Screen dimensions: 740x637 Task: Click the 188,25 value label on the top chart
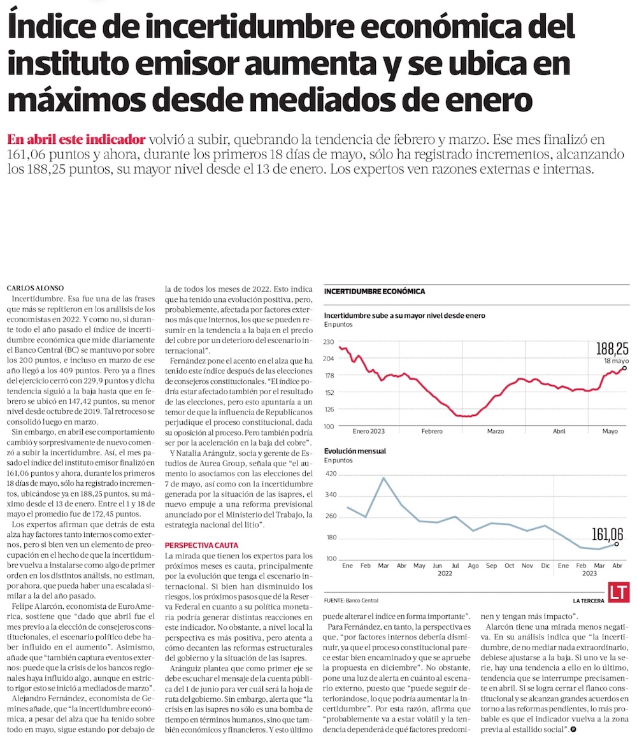(x=612, y=348)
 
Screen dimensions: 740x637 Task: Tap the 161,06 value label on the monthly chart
(x=606, y=534)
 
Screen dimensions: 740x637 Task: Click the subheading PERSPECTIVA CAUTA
(x=201, y=546)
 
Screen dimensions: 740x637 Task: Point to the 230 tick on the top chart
(x=329, y=343)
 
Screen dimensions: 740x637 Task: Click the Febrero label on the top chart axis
(x=432, y=432)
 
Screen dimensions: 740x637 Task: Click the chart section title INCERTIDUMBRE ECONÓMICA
(x=375, y=292)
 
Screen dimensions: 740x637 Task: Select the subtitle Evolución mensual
(x=355, y=452)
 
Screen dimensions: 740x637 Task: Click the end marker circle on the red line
(x=624, y=368)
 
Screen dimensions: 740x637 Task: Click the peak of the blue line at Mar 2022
(x=383, y=478)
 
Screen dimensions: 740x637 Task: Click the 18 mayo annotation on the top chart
(x=613, y=360)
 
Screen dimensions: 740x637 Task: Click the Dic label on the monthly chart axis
(x=545, y=565)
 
